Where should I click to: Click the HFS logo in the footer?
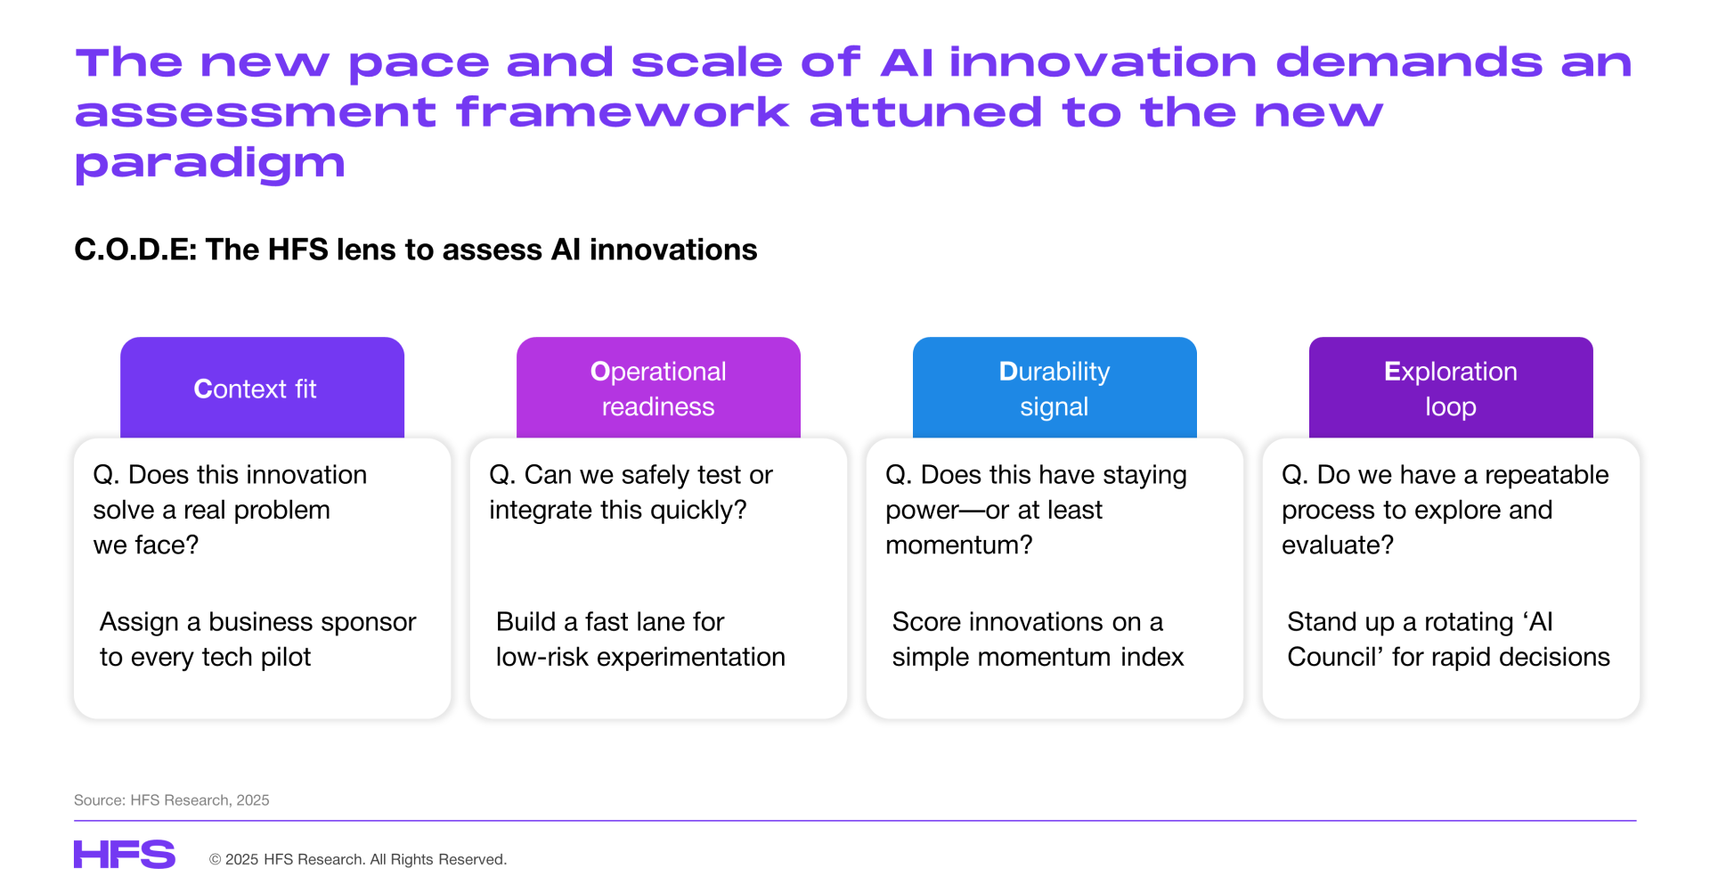(125, 854)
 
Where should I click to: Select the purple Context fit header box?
(262, 388)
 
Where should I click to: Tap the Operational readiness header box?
(658, 388)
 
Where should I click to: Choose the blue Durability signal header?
(1054, 388)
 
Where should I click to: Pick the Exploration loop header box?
(1451, 388)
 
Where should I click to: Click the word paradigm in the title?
(210, 164)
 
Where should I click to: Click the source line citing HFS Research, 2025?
(172, 800)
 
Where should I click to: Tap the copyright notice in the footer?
(358, 859)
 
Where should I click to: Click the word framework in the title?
(623, 112)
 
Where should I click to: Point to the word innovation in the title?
(1103, 62)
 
